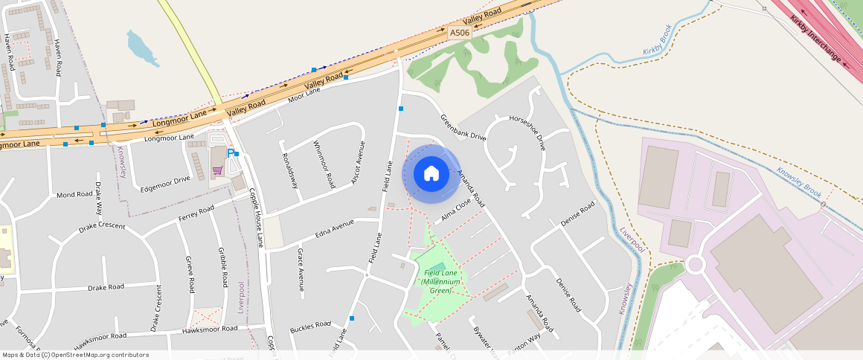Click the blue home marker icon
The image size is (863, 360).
pyautogui.click(x=431, y=174)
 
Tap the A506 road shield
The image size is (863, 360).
pyautogui.click(x=459, y=33)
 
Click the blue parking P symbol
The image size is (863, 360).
pyautogui.click(x=231, y=153)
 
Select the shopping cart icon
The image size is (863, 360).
pyautogui.click(x=217, y=170)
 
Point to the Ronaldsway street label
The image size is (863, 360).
pyautogui.click(x=289, y=170)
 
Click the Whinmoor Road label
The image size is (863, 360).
pyautogui.click(x=324, y=164)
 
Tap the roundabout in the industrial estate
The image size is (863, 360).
pyautogui.click(x=696, y=264)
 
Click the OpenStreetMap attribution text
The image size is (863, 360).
pyautogui.click(x=76, y=355)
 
